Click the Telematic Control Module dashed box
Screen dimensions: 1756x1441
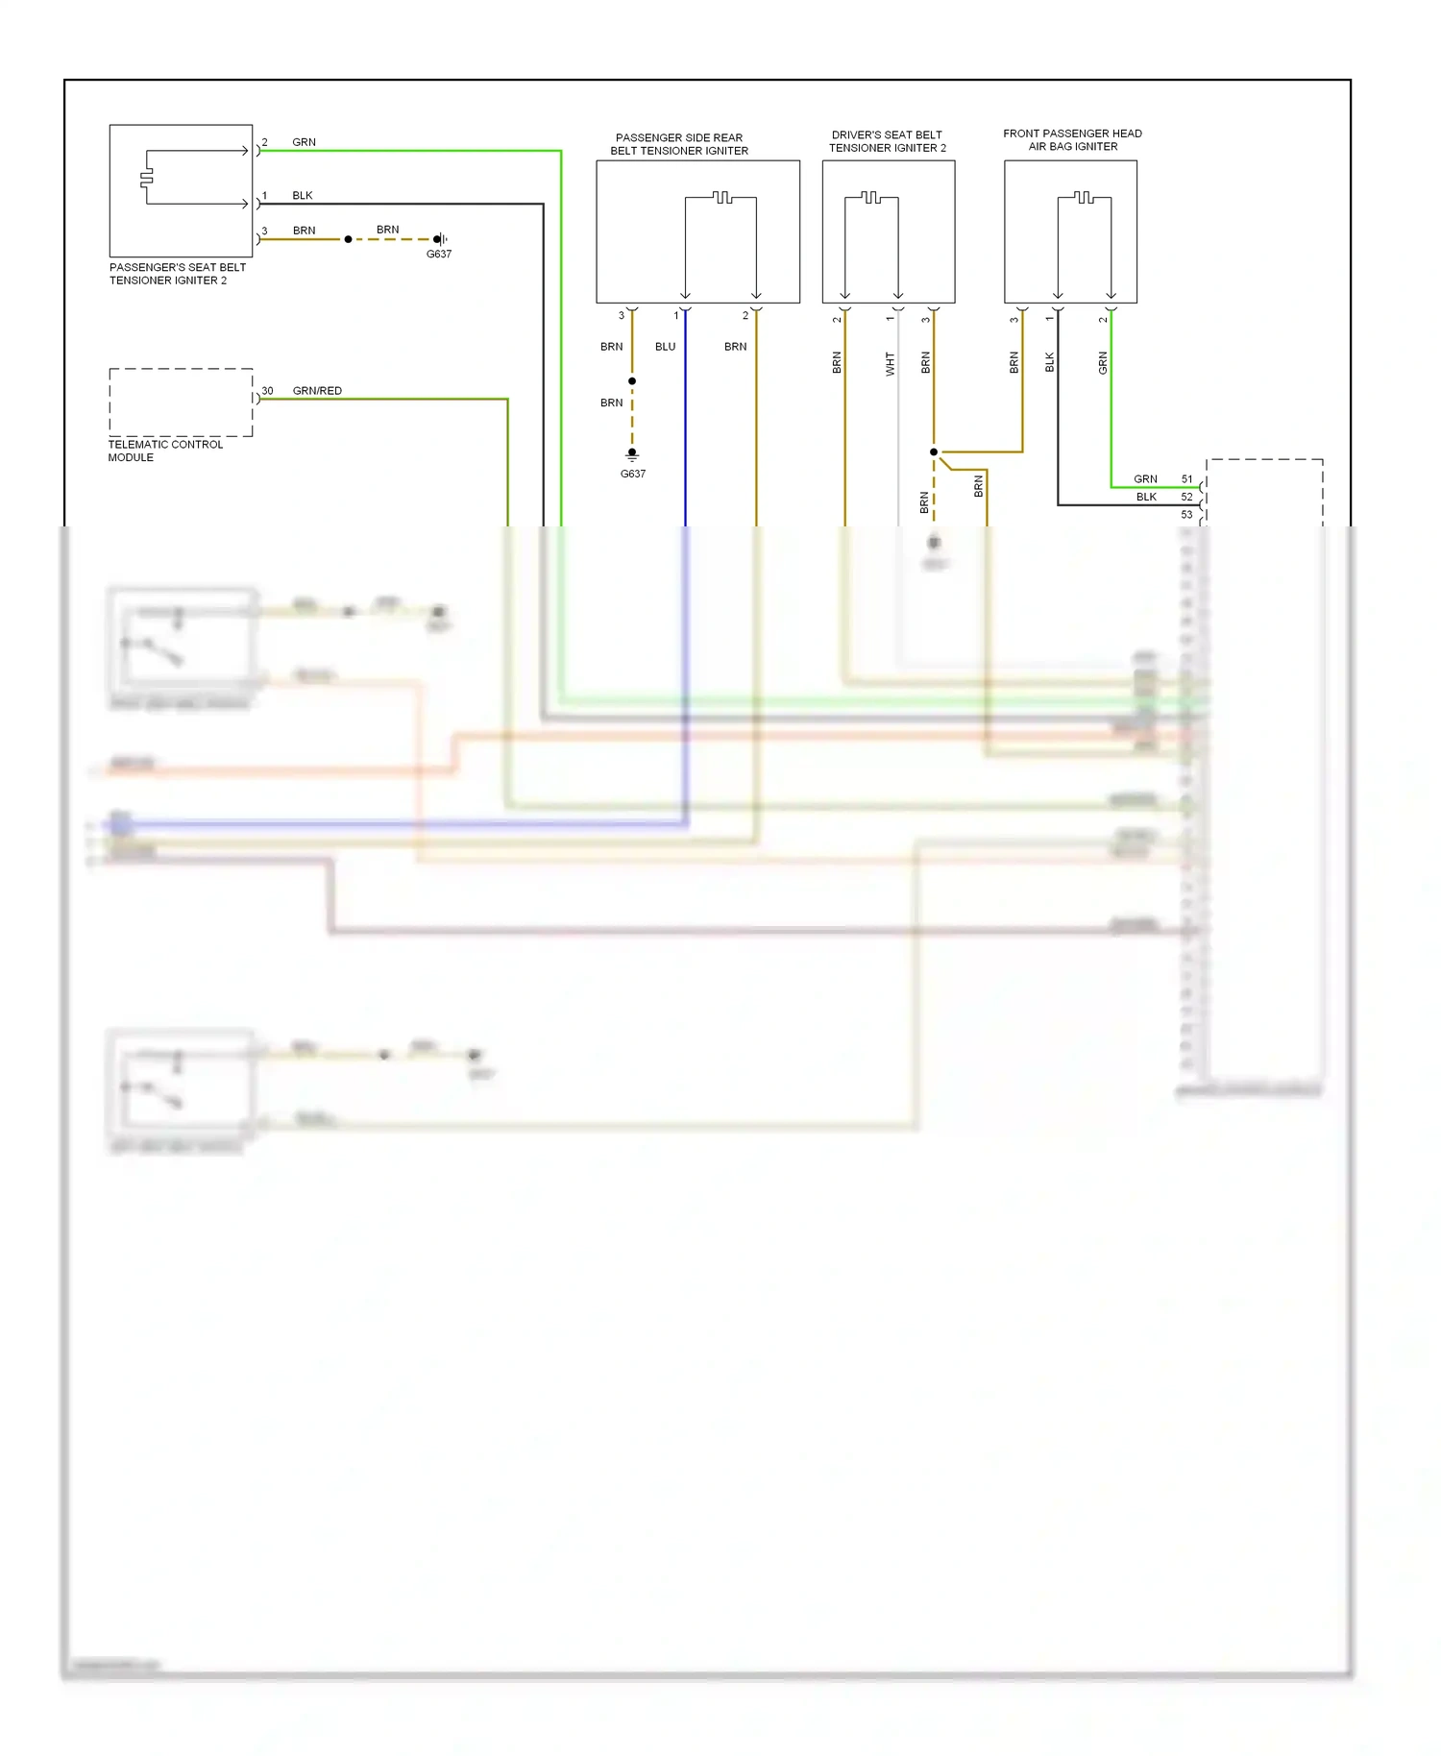(181, 402)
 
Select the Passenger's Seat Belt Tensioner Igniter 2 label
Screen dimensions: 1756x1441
(177, 274)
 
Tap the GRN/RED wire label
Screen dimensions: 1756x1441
(317, 391)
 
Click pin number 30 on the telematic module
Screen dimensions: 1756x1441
(267, 391)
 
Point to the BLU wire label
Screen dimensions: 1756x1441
(665, 347)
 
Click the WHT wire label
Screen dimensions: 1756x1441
(890, 363)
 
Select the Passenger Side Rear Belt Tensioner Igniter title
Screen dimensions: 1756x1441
(679, 144)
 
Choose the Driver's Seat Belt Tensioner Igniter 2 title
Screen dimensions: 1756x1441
(887, 141)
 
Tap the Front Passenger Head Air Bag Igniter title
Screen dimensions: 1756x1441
(1072, 140)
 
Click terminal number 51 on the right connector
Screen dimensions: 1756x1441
(1186, 479)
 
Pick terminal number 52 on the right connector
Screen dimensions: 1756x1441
(1186, 497)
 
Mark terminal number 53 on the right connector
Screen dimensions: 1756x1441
(1186, 515)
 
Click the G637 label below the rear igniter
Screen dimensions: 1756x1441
(632, 474)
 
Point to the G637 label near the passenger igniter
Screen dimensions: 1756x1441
(438, 255)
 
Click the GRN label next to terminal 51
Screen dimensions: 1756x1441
(1145, 479)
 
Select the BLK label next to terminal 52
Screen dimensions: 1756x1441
(1146, 497)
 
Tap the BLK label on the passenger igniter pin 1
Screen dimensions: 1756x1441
(302, 196)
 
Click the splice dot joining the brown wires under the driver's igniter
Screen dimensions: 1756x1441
(933, 451)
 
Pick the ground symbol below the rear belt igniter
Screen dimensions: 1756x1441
(632, 454)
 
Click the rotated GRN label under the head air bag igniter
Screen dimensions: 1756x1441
(1103, 363)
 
